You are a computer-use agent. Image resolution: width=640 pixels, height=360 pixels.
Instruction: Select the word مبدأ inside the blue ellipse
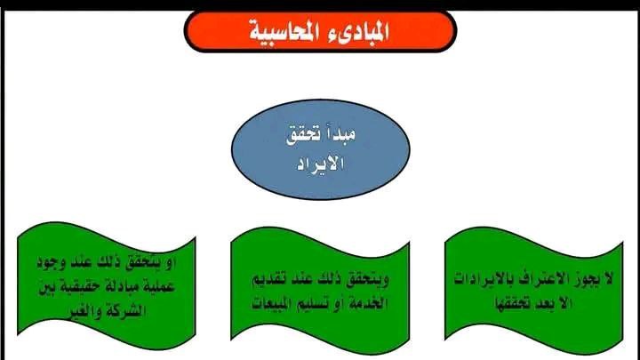click(x=340, y=134)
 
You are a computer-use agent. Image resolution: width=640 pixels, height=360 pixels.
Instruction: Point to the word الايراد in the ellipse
click(x=320, y=164)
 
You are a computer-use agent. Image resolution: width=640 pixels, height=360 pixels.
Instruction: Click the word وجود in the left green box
click(x=51, y=262)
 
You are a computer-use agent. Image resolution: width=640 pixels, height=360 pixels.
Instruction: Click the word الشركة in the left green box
click(x=126, y=312)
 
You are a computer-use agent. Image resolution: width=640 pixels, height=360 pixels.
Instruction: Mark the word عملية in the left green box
click(x=160, y=287)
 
